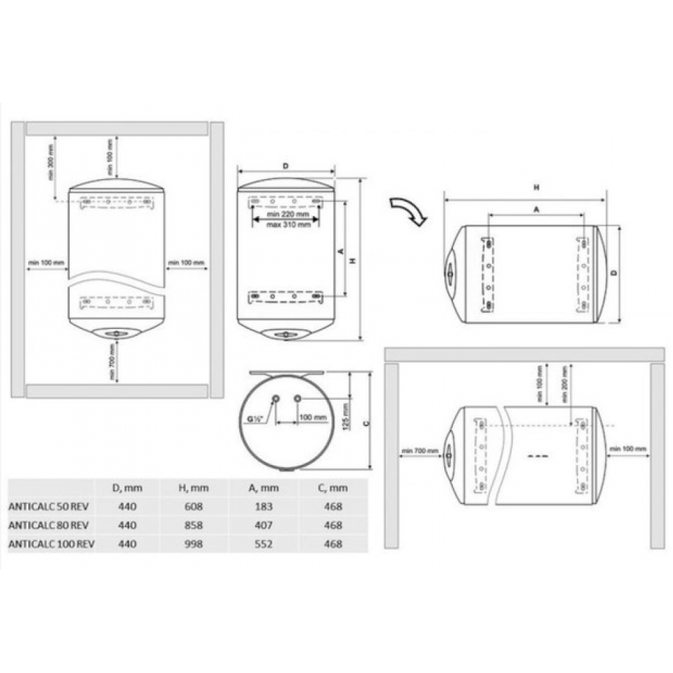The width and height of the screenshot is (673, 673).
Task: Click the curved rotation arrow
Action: [408, 211]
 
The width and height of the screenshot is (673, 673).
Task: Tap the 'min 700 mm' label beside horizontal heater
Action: [419, 450]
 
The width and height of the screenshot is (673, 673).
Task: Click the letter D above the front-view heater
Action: [285, 166]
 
